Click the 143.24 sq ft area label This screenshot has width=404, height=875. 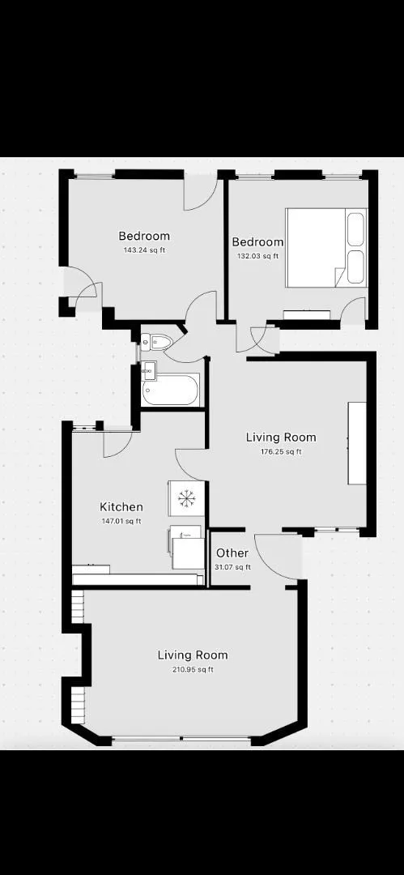click(x=145, y=250)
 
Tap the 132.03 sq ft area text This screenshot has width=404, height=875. click(x=257, y=256)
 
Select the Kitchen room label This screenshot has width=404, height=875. click(x=121, y=507)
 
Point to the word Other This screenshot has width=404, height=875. click(x=232, y=553)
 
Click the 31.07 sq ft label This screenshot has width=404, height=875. click(x=232, y=567)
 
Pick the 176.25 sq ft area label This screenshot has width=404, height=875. click(x=281, y=452)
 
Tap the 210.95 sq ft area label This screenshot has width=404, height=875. click(x=193, y=670)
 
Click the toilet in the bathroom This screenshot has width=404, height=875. click(x=156, y=342)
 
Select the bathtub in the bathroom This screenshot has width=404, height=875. click(x=170, y=390)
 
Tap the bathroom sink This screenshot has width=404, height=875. click(x=149, y=369)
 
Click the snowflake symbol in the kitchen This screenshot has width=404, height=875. click(x=186, y=497)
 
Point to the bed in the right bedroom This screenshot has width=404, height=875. click(x=326, y=248)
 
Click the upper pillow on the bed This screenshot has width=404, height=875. click(x=355, y=228)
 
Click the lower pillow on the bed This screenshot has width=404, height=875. click(x=355, y=267)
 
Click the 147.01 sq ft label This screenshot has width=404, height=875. click(x=121, y=522)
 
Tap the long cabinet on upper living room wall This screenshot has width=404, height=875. click(x=357, y=443)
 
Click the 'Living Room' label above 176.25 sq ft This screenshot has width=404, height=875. click(x=281, y=437)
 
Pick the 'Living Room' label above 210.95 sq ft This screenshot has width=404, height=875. click(x=193, y=655)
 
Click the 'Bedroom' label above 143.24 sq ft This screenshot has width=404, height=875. click(x=145, y=236)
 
